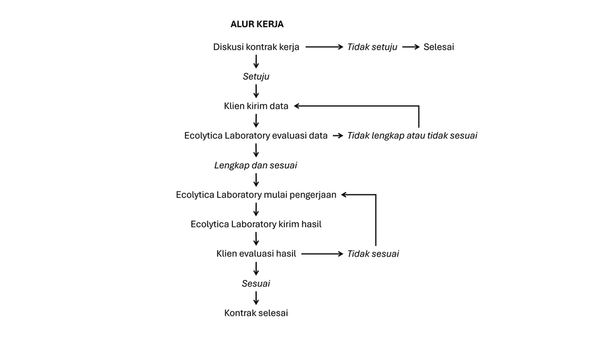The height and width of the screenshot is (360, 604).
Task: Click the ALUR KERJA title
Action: tap(257, 25)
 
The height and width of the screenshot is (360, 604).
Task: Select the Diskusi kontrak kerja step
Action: tap(256, 47)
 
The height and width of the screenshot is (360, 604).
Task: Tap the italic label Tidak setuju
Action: tap(372, 47)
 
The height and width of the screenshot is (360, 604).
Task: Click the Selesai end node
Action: tap(439, 47)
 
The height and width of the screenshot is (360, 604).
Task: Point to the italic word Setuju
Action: tap(256, 77)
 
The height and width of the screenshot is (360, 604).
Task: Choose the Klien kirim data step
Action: tap(256, 106)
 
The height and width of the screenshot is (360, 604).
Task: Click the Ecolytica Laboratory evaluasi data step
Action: tap(256, 136)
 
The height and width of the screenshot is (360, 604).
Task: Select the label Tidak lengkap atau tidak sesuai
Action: tap(412, 136)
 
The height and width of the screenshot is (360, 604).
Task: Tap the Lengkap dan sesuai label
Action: tap(255, 166)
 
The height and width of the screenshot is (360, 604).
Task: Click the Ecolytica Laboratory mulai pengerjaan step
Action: tap(256, 195)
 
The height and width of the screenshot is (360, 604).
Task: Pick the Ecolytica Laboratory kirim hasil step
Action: tap(256, 224)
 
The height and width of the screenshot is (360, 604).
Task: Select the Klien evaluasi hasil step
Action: tap(256, 254)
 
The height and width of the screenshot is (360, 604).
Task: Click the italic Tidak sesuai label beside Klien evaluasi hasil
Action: tap(373, 254)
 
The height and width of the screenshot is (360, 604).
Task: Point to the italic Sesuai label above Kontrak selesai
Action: tap(256, 284)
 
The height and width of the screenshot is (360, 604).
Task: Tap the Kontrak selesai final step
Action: tap(256, 313)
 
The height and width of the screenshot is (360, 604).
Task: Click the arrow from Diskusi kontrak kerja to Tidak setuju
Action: tap(323, 47)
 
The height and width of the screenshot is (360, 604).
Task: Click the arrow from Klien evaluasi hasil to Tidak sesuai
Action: tap(323, 254)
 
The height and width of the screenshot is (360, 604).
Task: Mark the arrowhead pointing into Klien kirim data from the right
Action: tap(298, 106)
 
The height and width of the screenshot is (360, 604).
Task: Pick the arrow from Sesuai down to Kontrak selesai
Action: tap(256, 298)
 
